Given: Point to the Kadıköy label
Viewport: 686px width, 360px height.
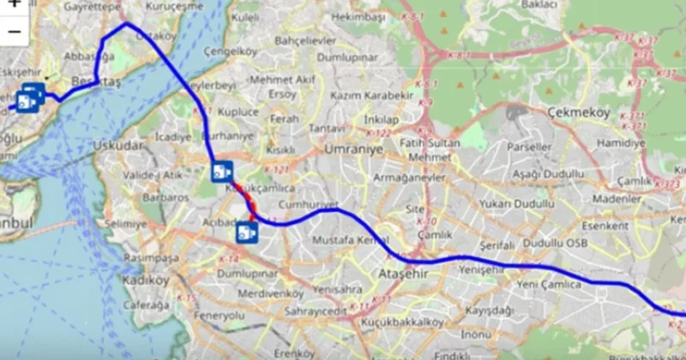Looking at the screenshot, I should coord(147,279).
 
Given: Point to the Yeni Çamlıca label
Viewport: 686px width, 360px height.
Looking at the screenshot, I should coord(550,284).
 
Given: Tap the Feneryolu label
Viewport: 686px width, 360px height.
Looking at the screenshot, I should coord(220,316).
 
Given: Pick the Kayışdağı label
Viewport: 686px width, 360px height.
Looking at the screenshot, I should coord(489,309).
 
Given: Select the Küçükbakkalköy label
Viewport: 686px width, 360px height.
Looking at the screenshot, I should coord(403,322).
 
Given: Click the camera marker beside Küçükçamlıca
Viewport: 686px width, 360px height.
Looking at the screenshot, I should coord(222,171).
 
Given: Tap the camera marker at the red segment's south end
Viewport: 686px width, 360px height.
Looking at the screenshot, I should coord(246,231).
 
